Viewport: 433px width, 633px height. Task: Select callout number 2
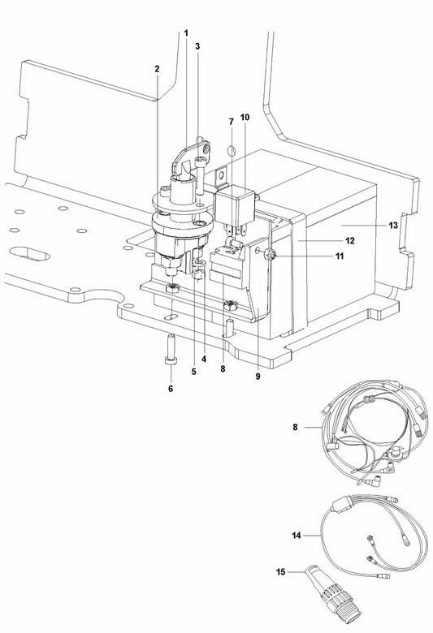pyautogui.click(x=157, y=68)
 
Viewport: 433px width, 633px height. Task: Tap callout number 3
pyautogui.click(x=197, y=46)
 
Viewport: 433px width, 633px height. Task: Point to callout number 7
pyautogui.click(x=231, y=122)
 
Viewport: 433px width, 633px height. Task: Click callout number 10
pyautogui.click(x=245, y=118)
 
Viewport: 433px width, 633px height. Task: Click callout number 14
pyautogui.click(x=297, y=513)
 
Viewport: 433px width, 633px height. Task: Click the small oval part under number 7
pyautogui.click(x=231, y=150)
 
